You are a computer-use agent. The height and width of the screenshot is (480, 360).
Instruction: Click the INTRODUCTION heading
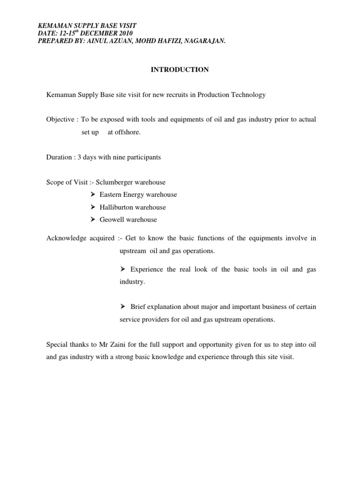(x=180, y=70)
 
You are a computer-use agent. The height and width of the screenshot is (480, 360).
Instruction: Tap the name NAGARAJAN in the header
(x=203, y=41)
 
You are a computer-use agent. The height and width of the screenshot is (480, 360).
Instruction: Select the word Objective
(x=60, y=120)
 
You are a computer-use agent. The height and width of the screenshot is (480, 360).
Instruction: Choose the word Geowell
(x=112, y=219)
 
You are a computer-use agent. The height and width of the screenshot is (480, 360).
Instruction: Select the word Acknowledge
(x=66, y=238)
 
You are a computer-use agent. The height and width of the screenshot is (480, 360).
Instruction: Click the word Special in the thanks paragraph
(x=57, y=345)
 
